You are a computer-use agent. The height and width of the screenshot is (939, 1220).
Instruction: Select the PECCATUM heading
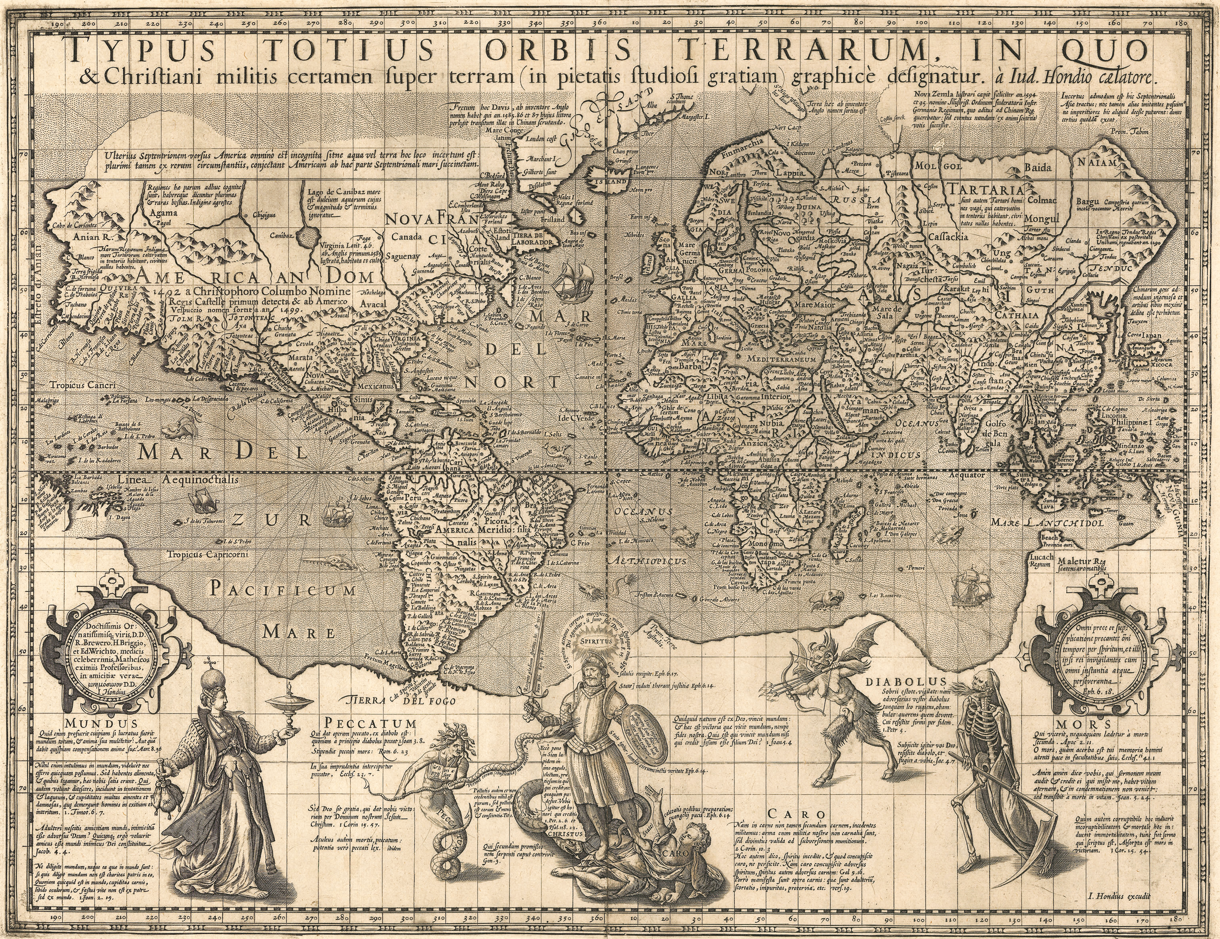click(x=371, y=723)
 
